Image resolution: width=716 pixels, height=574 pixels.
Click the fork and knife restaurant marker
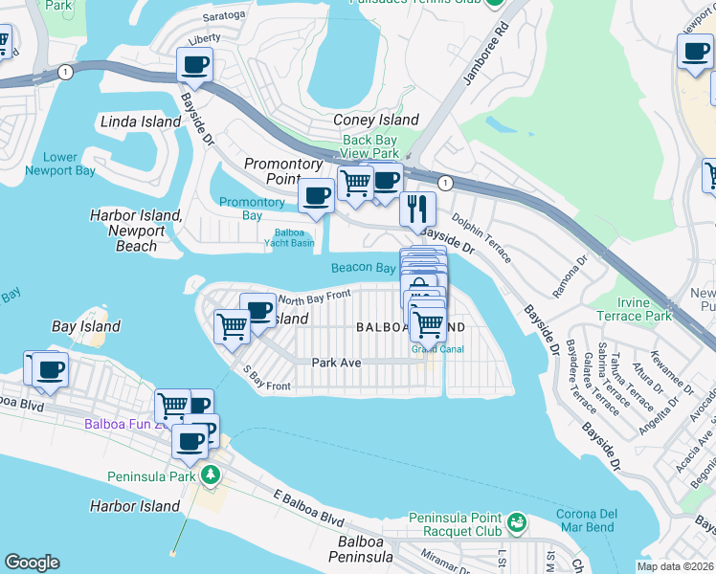417,209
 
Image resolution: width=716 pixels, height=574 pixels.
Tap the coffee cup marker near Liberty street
194,66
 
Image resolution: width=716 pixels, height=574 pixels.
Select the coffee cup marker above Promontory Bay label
316,196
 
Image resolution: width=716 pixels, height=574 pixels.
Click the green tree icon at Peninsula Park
210,475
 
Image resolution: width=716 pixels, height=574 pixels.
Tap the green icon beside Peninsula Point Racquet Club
517,522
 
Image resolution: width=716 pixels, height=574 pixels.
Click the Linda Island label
141,121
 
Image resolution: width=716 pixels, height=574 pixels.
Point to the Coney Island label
375,120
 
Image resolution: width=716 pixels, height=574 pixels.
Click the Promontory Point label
283,171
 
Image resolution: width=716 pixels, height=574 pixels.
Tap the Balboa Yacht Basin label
289,236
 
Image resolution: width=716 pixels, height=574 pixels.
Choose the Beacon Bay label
364,268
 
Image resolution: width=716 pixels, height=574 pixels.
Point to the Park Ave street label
336,363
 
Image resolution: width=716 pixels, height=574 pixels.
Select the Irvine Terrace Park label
633,308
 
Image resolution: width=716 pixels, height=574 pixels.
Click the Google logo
32,563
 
